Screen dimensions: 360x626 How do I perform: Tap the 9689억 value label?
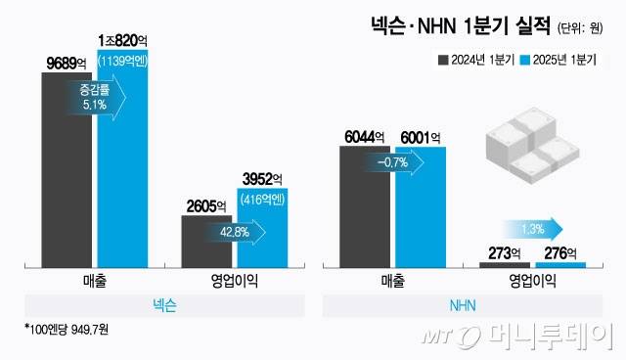[67, 63]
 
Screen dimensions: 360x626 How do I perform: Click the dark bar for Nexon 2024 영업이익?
[206, 240]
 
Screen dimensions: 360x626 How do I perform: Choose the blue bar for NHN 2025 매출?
[421, 205]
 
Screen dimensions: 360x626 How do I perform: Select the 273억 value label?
[505, 253]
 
